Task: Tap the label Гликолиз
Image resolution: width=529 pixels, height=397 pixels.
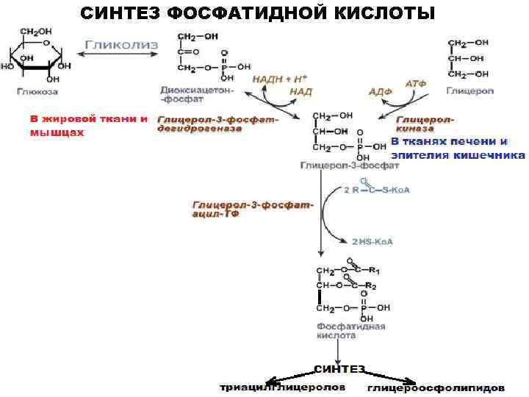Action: [122, 45]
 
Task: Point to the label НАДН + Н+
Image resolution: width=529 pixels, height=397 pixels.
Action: [280, 78]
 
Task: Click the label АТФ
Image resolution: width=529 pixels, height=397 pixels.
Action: [416, 84]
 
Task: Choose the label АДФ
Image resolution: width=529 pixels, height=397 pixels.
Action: [380, 92]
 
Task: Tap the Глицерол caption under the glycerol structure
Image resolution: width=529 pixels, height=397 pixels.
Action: [470, 91]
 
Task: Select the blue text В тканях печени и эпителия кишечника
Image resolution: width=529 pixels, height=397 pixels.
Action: [458, 148]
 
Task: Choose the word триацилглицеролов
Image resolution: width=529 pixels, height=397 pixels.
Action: [282, 387]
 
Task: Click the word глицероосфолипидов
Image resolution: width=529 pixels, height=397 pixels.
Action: [436, 387]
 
